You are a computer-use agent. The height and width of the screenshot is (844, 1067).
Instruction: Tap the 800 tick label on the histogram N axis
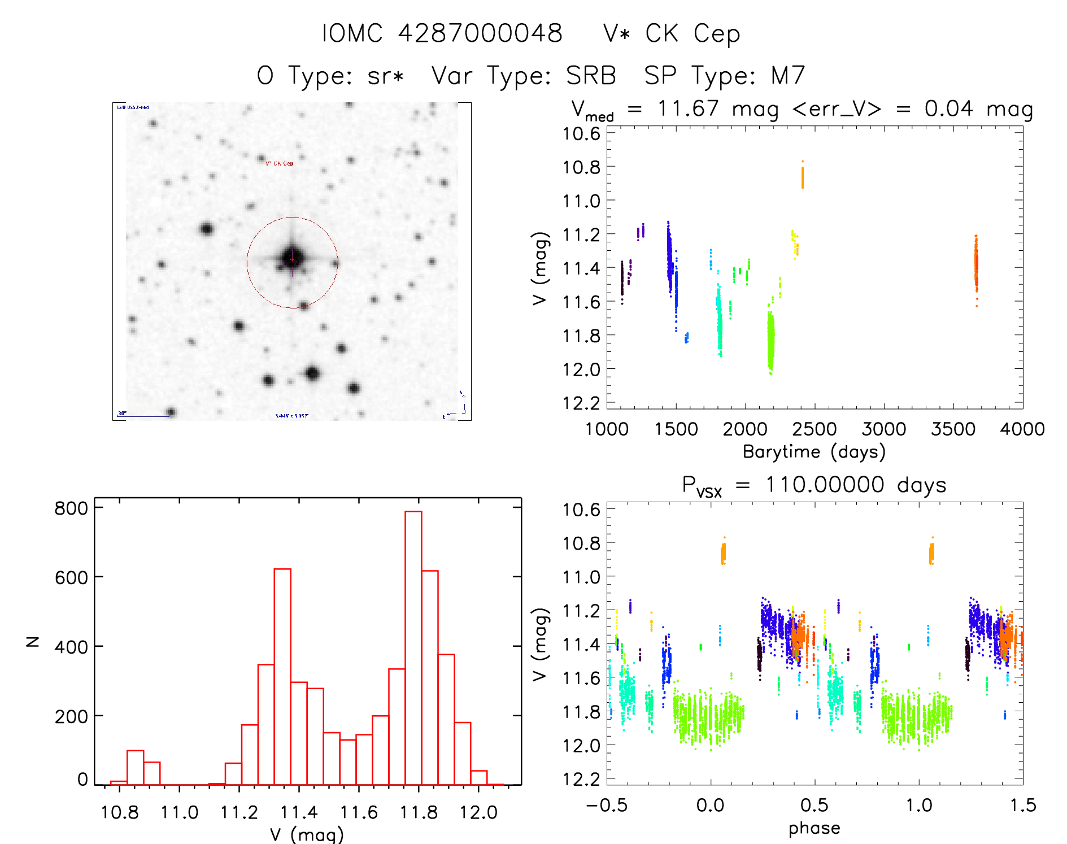[71, 508]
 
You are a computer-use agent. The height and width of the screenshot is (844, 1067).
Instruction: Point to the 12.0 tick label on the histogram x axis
[478, 812]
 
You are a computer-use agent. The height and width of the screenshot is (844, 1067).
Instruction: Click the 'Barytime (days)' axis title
[814, 452]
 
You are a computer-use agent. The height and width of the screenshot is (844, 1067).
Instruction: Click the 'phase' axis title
[814, 828]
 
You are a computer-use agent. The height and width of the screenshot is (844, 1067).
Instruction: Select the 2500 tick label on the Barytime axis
[814, 429]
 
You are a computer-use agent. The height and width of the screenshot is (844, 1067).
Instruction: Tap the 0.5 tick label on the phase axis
[814, 805]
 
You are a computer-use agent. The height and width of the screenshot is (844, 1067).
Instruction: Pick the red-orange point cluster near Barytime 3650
[975, 266]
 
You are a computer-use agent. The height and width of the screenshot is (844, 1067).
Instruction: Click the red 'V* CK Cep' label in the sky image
[280, 163]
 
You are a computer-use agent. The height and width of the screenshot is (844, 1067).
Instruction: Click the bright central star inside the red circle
[292, 258]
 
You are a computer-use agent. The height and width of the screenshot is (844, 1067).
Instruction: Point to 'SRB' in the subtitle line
[591, 76]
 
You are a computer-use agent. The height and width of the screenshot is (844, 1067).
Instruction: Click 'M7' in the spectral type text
[788, 76]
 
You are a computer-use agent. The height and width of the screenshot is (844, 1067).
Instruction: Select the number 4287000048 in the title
[480, 33]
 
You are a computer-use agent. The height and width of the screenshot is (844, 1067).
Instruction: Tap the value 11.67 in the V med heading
[688, 108]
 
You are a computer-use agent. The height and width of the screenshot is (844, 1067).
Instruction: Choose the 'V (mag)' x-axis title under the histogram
[307, 834]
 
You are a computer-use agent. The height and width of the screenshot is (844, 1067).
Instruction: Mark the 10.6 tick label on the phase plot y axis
[581, 510]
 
